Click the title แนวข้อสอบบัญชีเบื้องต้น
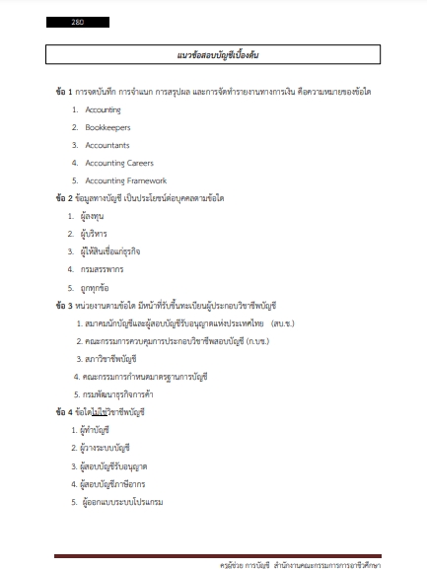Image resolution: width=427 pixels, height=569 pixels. pyautogui.click(x=212, y=54)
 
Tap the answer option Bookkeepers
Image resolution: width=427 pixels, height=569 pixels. pyautogui.click(x=107, y=127)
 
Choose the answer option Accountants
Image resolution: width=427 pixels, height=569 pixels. pyautogui.click(x=108, y=145)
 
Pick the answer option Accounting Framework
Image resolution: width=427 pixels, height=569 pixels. pyautogui.click(x=127, y=180)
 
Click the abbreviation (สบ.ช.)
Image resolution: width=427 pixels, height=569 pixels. pyautogui.click(x=291, y=322)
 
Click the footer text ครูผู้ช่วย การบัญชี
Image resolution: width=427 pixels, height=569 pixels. pyautogui.click(x=250, y=564)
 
